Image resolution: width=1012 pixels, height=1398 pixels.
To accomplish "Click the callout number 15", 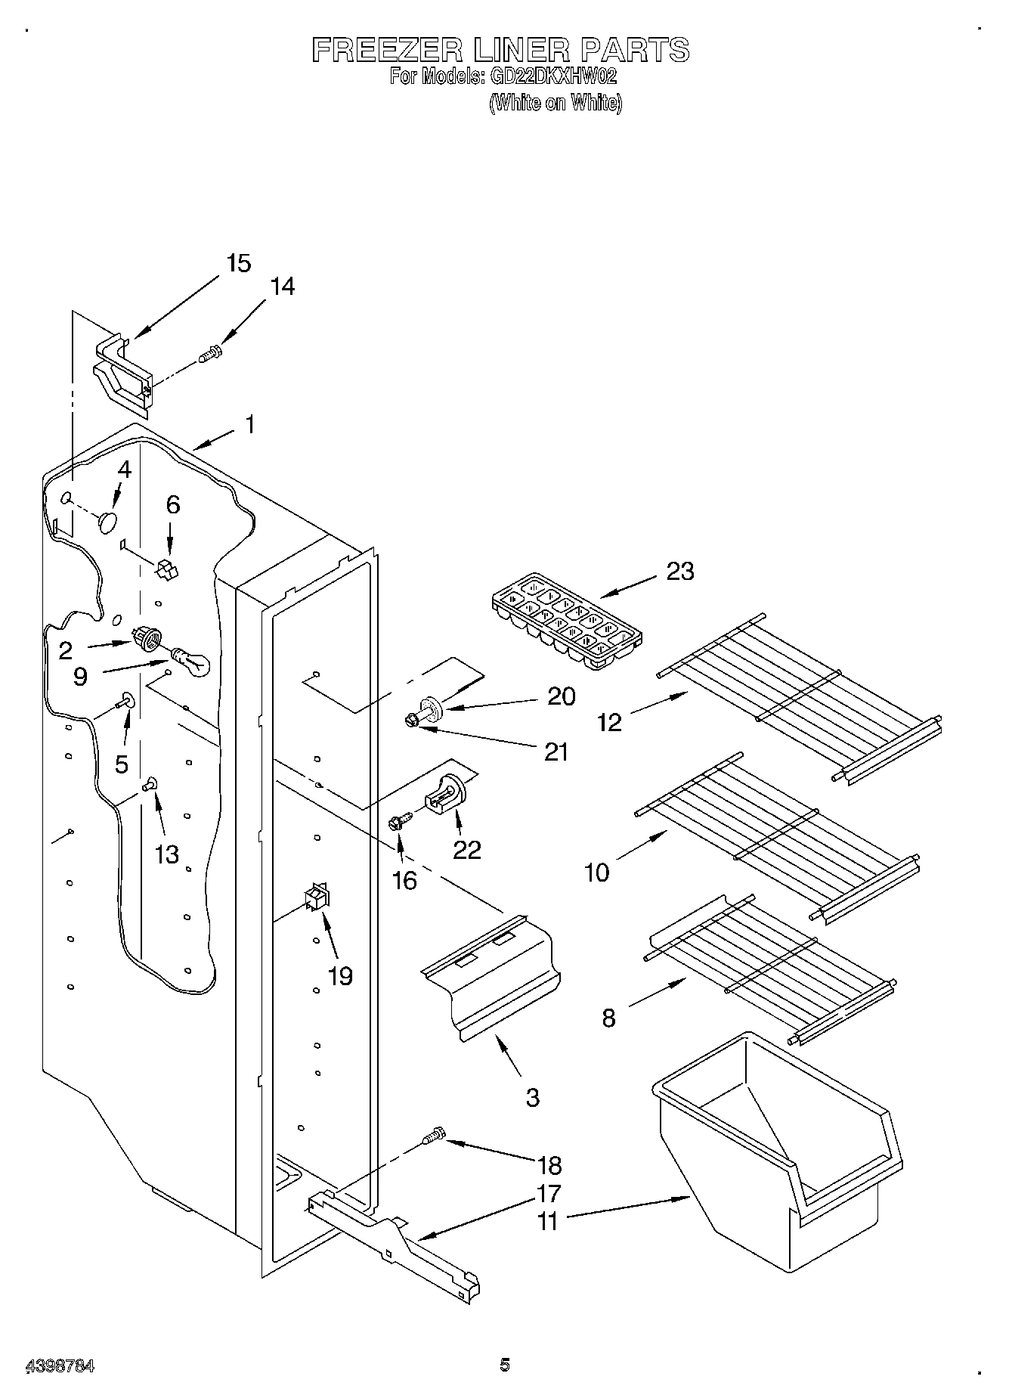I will tap(238, 264).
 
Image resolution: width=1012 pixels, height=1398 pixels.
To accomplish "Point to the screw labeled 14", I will tap(209, 353).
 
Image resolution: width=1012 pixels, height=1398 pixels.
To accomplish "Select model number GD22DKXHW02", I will tap(554, 76).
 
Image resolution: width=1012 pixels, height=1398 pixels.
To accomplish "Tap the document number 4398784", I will tap(60, 1365).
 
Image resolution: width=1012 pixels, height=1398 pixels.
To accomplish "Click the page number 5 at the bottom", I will tap(505, 1364).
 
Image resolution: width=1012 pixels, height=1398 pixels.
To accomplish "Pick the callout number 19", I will tap(340, 976).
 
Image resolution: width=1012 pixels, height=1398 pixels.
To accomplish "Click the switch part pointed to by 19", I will tap(315, 899).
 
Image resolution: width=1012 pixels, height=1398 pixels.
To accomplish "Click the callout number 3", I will tap(533, 1098).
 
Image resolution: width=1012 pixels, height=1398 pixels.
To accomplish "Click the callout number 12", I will tap(609, 723).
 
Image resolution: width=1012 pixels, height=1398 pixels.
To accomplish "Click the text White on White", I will tap(556, 103).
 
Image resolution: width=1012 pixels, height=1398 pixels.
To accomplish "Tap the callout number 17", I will tap(549, 1193).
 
